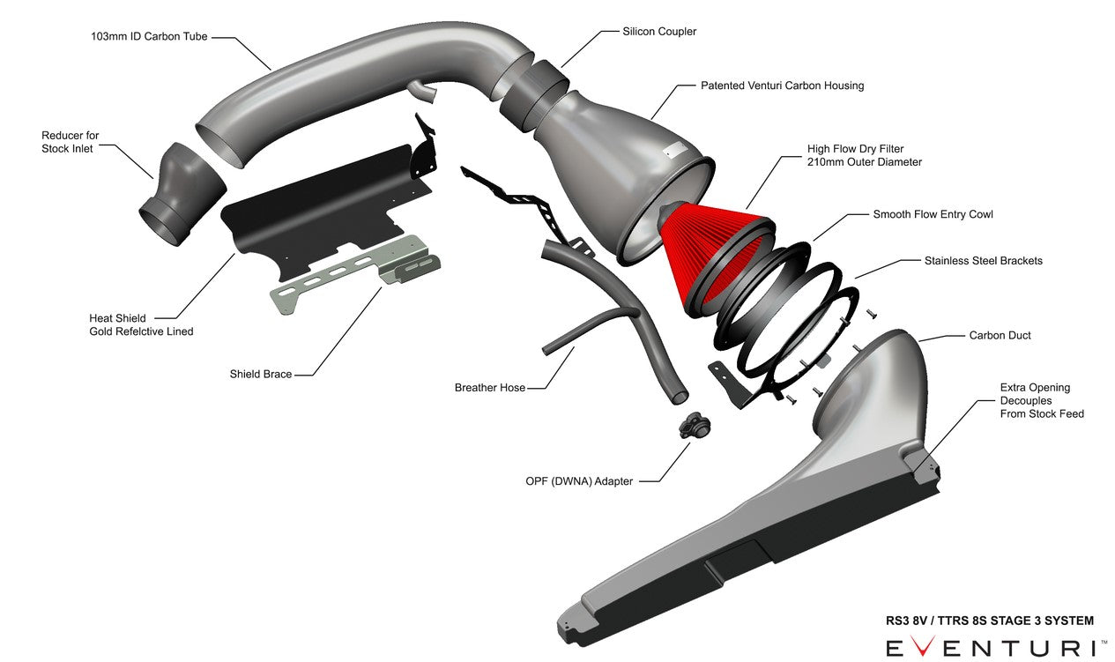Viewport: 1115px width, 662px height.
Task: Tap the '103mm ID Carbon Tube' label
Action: (149, 37)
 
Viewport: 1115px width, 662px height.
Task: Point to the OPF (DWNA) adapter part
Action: (694, 425)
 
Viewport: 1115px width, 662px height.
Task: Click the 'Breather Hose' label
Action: (489, 388)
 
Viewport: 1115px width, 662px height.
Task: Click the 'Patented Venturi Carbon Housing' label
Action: (782, 86)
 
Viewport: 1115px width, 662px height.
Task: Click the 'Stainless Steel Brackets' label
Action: (983, 261)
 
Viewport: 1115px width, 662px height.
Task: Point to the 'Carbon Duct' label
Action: (1000, 335)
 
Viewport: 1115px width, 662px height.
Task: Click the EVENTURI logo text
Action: (992, 648)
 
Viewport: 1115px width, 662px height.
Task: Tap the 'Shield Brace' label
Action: (260, 374)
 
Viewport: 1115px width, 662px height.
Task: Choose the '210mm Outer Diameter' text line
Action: (864, 162)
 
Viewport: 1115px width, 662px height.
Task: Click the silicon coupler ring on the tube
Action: (534, 93)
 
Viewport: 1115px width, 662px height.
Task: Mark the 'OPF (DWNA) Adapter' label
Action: (578, 481)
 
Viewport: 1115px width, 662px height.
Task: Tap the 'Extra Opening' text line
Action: (1035, 387)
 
